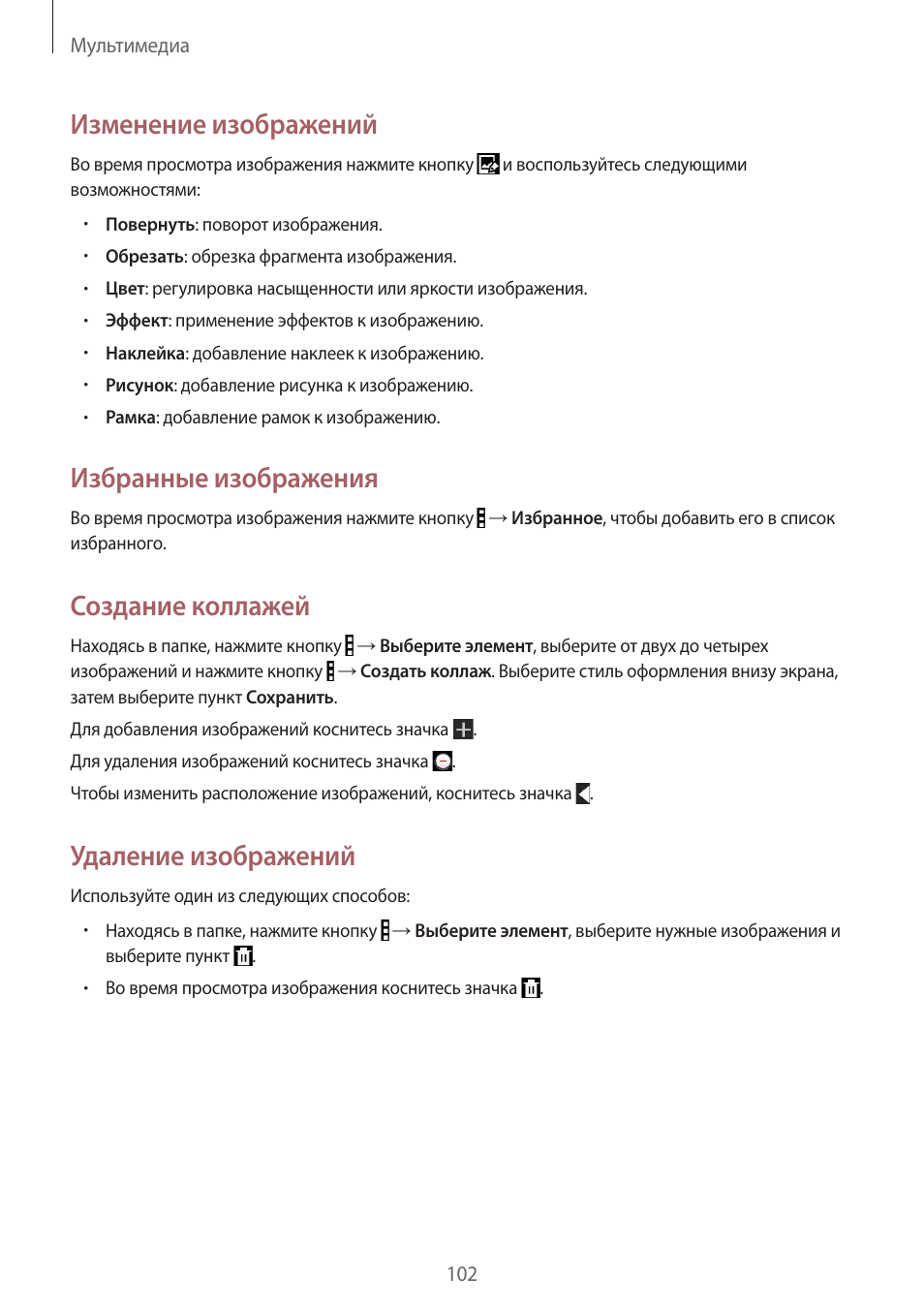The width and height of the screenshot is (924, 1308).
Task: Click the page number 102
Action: [461, 1274]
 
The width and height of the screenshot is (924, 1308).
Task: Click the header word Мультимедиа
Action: [130, 46]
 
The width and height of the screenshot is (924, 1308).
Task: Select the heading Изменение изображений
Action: [223, 125]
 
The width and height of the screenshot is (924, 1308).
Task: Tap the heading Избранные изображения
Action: [224, 479]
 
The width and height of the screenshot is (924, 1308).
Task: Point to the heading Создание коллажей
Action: [190, 607]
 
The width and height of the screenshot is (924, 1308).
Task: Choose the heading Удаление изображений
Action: [212, 856]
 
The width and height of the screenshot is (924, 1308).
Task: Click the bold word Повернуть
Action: [150, 225]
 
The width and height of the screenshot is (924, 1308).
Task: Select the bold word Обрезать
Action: [144, 257]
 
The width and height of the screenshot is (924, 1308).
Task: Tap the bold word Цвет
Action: [125, 289]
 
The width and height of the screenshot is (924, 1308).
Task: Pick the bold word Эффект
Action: [137, 321]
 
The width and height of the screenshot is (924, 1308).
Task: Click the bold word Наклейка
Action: [144, 354]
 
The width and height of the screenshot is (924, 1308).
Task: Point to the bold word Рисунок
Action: [139, 386]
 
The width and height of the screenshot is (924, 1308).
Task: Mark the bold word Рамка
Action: [130, 418]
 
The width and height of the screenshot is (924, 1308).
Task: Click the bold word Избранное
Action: [557, 518]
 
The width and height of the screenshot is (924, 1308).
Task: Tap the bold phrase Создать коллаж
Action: [426, 671]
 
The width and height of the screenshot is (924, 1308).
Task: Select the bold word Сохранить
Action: [290, 698]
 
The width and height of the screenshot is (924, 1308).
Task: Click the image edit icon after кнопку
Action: [488, 165]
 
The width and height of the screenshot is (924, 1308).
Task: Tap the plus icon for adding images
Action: [464, 730]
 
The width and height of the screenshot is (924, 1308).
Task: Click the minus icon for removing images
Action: [443, 762]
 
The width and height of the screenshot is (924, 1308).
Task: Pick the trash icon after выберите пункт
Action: [243, 956]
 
